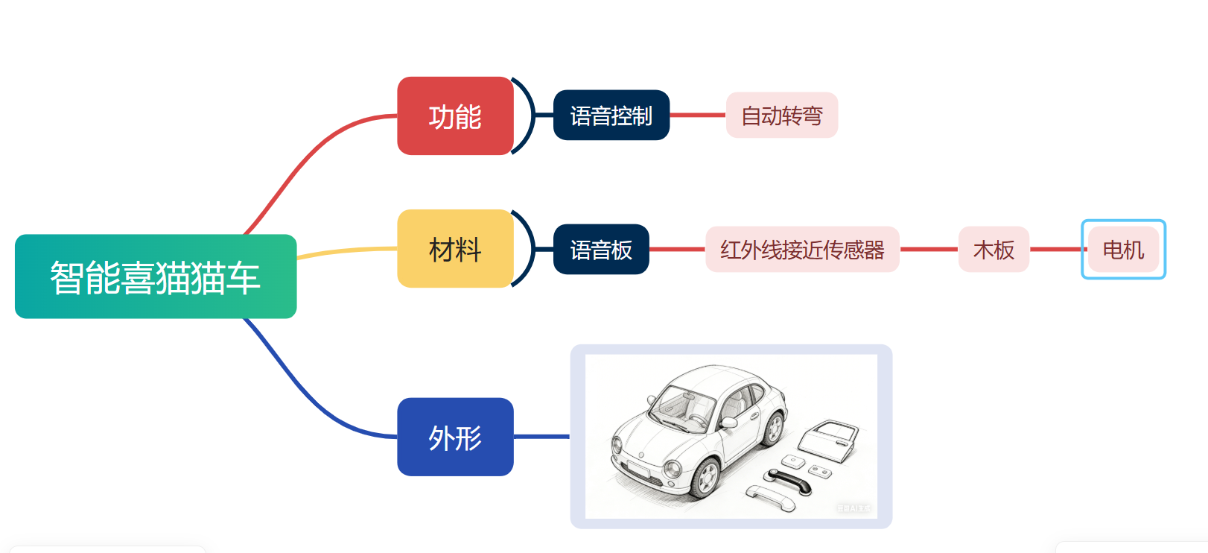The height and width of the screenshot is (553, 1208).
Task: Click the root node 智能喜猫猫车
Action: coord(156,276)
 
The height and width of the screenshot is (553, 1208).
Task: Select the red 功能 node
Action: coord(455,116)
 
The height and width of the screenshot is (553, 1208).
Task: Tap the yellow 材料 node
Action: coord(455,249)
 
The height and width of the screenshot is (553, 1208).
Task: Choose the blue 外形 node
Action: coord(455,437)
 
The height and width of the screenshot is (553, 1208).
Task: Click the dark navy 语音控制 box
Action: coord(611,116)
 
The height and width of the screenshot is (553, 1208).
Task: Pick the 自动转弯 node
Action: coord(781,116)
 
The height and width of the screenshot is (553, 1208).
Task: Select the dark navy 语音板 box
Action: coord(601,250)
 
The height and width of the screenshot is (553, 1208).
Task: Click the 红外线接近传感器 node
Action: coord(802,250)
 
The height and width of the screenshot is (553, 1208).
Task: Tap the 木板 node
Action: coord(994,250)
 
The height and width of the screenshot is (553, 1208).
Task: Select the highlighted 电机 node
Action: coord(1123,250)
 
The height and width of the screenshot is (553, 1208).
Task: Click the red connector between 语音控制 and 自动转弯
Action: coord(698,116)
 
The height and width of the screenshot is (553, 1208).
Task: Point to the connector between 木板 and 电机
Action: coord(1055,250)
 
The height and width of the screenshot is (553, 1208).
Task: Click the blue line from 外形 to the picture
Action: coord(541,437)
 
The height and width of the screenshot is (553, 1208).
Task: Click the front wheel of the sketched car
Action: coord(705,478)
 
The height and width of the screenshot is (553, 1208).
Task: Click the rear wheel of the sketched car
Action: coord(775,427)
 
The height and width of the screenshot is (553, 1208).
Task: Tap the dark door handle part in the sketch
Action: coord(789,480)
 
